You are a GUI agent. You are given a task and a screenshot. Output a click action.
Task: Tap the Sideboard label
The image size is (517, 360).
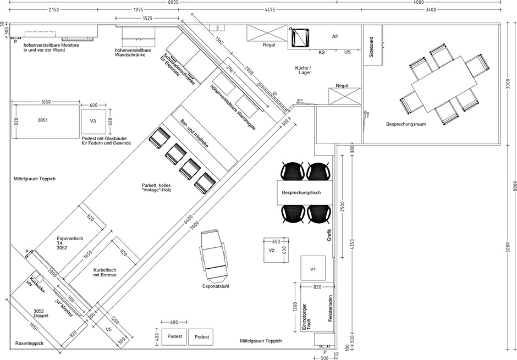(x=371, y=47)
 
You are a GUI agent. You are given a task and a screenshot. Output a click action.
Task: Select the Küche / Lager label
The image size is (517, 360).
(x=304, y=70)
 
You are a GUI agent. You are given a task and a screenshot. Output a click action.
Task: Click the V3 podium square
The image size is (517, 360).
(x=94, y=121)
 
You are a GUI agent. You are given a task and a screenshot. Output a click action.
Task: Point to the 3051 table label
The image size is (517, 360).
(x=42, y=120)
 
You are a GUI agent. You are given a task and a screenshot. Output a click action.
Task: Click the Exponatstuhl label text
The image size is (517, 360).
(x=216, y=286)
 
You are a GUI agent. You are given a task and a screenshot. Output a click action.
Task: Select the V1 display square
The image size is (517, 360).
(x=313, y=268)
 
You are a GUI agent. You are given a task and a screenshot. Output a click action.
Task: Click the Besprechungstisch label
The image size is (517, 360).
(x=301, y=193)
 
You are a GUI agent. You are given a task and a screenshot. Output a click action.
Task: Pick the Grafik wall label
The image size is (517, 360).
(x=329, y=235)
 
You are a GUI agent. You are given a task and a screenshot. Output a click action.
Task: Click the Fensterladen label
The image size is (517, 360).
(x=331, y=308)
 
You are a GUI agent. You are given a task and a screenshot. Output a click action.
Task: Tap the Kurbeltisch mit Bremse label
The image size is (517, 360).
(x=105, y=272)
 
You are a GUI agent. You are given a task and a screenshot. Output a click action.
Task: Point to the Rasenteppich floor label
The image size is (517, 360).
(x=29, y=343)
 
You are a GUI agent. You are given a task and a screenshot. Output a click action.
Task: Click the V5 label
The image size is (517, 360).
(x=109, y=329)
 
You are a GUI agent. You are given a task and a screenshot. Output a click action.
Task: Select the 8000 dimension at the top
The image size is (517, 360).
(x=173, y=2)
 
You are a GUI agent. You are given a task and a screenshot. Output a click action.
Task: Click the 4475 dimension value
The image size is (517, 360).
(x=269, y=10)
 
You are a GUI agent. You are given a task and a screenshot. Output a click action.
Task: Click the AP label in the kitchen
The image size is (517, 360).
(x=335, y=36)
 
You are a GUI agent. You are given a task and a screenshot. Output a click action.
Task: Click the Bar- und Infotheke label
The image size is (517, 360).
(x=194, y=133)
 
